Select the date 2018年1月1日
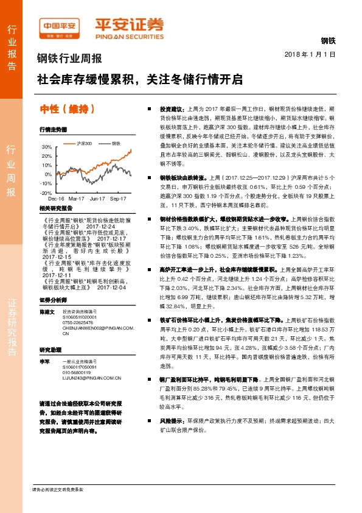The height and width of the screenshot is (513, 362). pyautogui.click(x=310, y=55)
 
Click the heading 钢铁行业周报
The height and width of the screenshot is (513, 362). pyautogui.click(x=68, y=59)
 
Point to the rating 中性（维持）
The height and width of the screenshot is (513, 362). pyautogui.click(x=68, y=109)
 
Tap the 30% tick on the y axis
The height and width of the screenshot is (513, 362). pyautogui.click(x=47, y=147)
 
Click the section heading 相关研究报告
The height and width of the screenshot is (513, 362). pyautogui.click(x=55, y=208)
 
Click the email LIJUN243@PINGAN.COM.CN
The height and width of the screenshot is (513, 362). pyautogui.click(x=92, y=378)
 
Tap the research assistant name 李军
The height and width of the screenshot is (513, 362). pyautogui.click(x=44, y=361)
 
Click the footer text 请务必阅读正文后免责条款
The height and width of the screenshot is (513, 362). pyautogui.click(x=57, y=489)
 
